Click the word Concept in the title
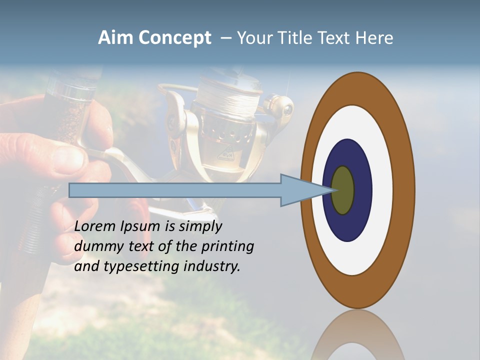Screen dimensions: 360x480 175,38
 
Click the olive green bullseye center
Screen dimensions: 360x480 343,190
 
